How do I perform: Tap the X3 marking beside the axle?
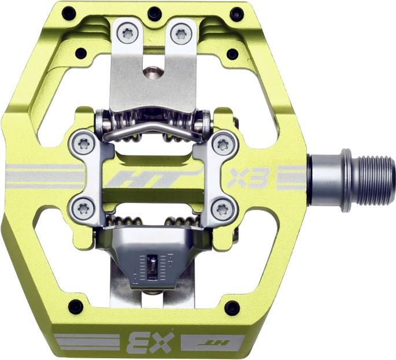pos(248,179)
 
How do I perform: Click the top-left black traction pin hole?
pos(69,12)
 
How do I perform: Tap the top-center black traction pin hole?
pos(154,12)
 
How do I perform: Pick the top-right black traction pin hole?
pos(237,13)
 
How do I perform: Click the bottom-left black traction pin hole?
pos(76,306)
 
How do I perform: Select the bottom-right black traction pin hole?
pos(232,306)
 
